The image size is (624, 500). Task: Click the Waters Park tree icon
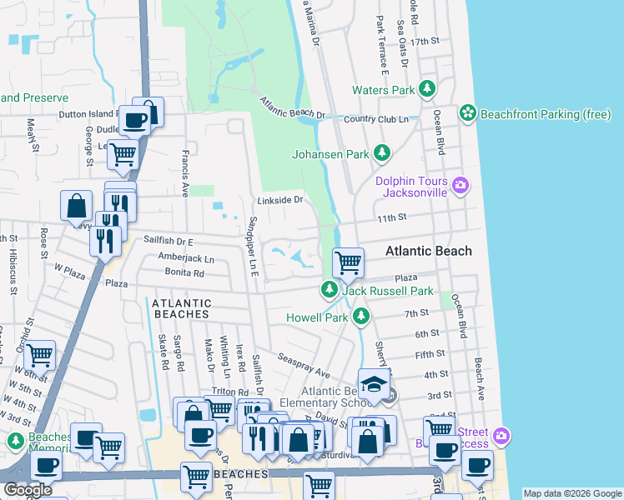click(427, 89)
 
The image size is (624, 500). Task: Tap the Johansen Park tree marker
click(381, 153)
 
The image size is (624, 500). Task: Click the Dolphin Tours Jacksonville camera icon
click(459, 184)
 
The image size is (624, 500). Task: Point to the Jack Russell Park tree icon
click(330, 291)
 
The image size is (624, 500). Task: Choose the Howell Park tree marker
click(360, 317)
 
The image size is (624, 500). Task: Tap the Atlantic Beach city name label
click(428, 251)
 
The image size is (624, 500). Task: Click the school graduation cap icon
click(374, 384)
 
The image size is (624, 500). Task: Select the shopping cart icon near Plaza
click(347, 262)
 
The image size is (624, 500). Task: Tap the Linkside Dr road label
click(279, 200)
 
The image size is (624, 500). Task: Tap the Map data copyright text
click(571, 493)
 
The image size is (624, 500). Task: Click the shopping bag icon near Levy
click(76, 205)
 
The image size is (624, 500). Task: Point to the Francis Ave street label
click(185, 172)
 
